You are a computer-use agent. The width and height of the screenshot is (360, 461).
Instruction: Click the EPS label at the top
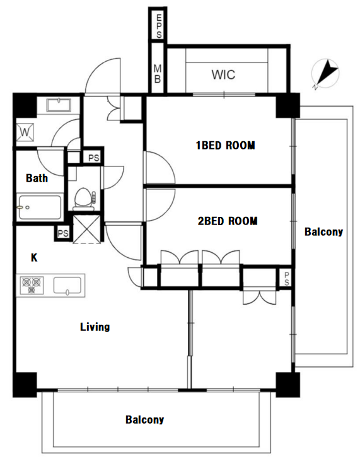(x=159, y=26)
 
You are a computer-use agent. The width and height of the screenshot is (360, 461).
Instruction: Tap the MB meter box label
(x=158, y=74)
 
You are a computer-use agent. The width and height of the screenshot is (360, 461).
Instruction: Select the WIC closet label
(x=223, y=74)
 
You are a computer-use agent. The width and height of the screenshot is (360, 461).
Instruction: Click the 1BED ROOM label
(x=226, y=145)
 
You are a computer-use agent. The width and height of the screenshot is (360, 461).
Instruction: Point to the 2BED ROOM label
(x=228, y=221)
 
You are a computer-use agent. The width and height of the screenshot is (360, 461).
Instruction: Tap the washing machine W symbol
(x=25, y=132)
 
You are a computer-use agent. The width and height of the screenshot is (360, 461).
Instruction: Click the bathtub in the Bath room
(x=40, y=207)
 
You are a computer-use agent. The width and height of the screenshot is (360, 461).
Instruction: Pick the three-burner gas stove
(x=32, y=285)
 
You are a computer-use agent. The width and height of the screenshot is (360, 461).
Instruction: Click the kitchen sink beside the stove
(x=67, y=286)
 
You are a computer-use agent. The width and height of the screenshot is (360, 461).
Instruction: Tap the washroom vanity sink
(x=59, y=105)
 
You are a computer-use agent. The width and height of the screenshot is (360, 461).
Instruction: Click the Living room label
(x=95, y=327)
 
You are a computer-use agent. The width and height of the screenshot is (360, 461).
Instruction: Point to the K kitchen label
(x=34, y=257)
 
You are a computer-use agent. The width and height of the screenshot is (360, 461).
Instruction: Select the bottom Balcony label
(x=144, y=419)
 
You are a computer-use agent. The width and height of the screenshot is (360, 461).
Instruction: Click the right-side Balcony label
(x=323, y=231)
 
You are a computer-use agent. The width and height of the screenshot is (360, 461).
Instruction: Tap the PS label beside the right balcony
(x=286, y=278)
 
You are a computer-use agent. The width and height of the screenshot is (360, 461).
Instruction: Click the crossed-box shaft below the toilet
(x=87, y=229)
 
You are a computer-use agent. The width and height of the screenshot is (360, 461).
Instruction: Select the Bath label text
(x=37, y=178)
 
